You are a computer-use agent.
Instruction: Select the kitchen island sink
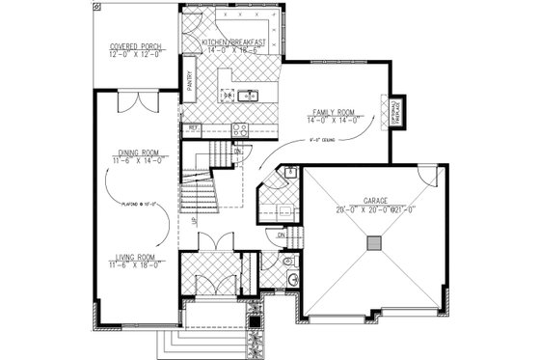pyautogui.click(x=245, y=96)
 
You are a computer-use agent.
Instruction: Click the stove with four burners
pyautogui.click(x=240, y=127)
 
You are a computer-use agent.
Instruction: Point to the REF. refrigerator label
pyautogui.click(x=193, y=126)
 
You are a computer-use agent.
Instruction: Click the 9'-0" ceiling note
pyautogui.click(x=317, y=138)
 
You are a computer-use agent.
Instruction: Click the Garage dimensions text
pyautogui.click(x=375, y=209)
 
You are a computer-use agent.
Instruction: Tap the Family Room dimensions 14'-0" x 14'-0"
pyautogui.click(x=335, y=121)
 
